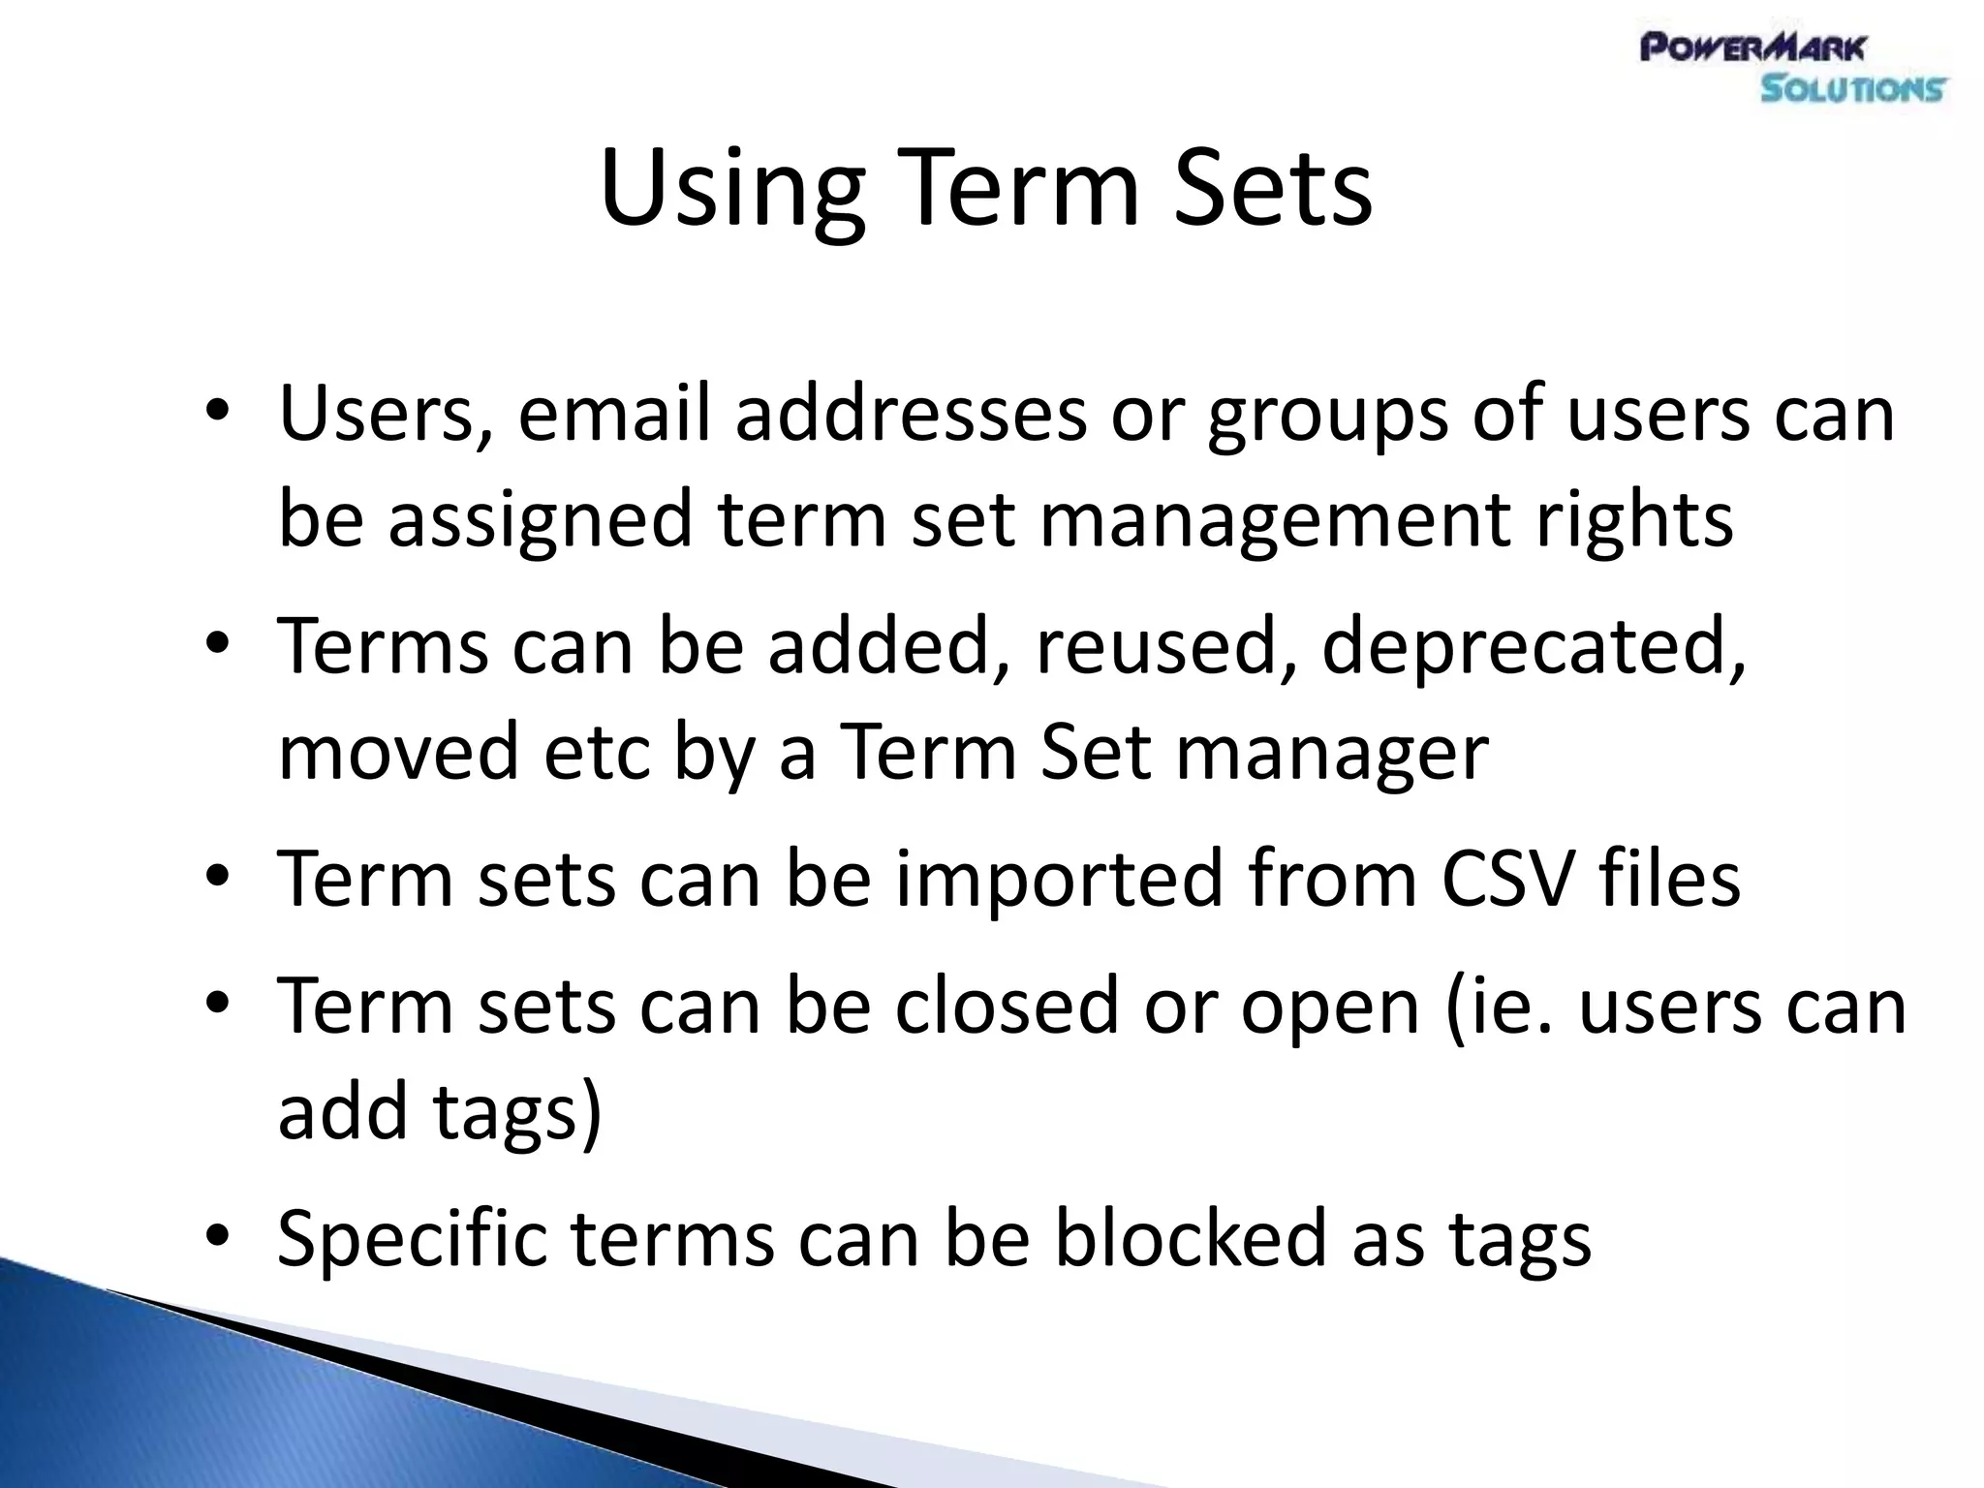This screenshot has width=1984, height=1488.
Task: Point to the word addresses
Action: [x=911, y=414]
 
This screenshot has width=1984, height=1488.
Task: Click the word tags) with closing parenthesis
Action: [x=517, y=1112]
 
